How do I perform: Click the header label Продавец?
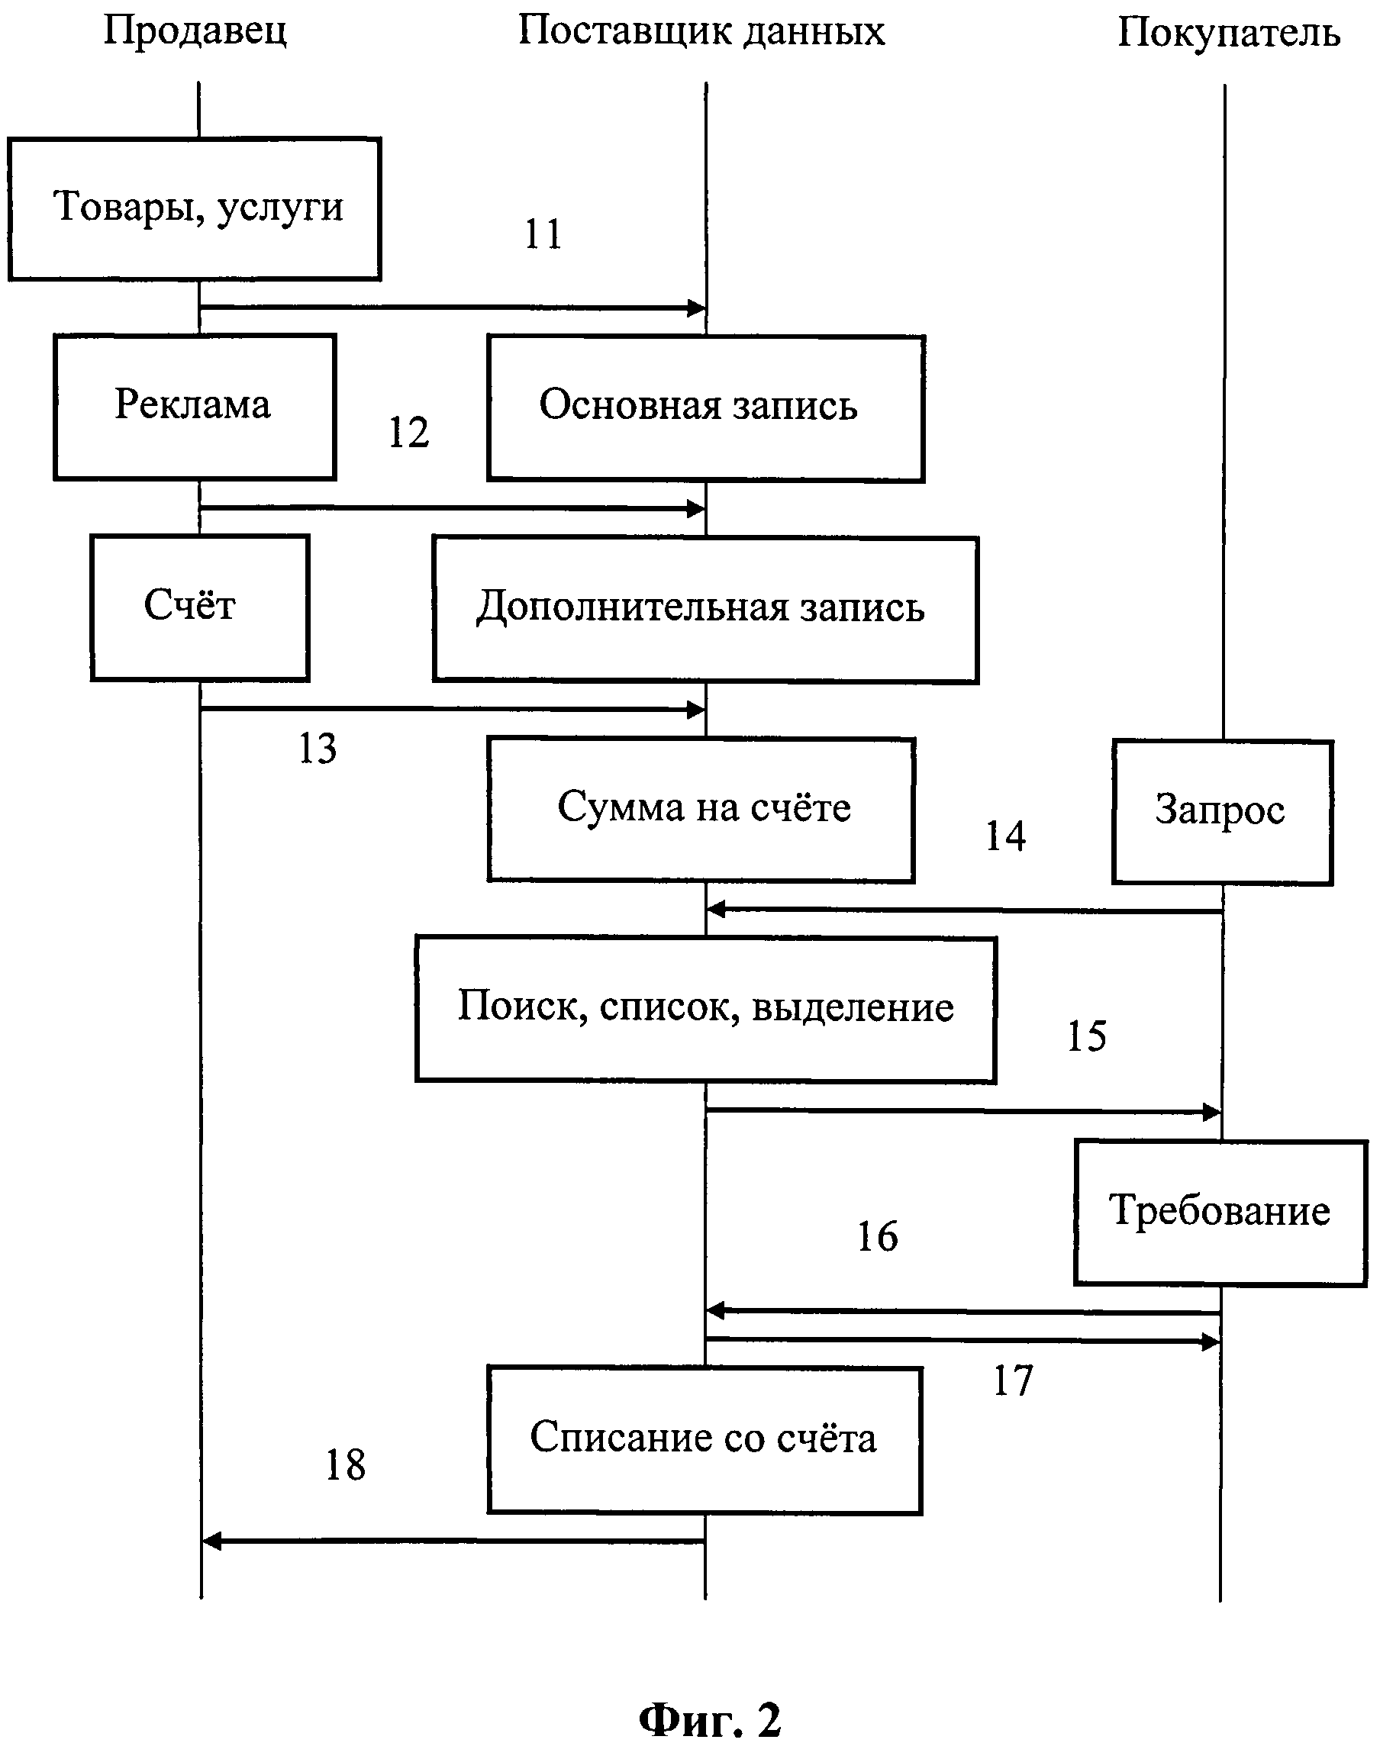tap(195, 32)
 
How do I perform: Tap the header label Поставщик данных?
tap(701, 32)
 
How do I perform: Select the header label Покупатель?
tap(1228, 34)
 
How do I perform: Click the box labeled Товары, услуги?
tap(195, 208)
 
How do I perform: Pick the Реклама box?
tap(195, 406)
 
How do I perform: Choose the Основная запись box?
tap(705, 408)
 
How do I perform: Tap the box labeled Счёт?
tap(199, 607)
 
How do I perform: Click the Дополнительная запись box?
tap(705, 610)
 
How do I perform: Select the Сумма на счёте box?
tap(701, 809)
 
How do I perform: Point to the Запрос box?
tap(1222, 812)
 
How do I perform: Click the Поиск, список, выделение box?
tap(705, 1009)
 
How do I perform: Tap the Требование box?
tap(1220, 1211)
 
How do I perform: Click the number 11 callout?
tap(542, 235)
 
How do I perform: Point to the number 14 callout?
tap(1005, 836)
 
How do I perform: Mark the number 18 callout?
tap(345, 1464)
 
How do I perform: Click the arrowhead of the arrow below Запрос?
tap(715, 910)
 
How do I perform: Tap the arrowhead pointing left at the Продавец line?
tap(211, 1541)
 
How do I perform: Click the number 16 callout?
tap(877, 1236)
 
